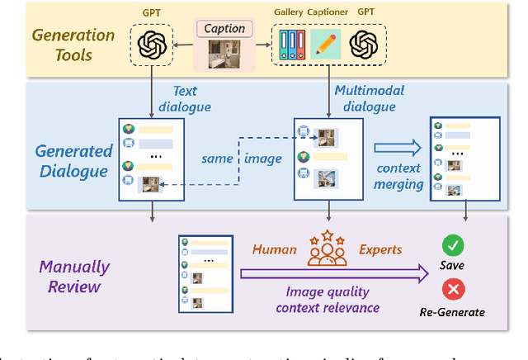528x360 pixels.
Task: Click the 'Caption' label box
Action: click(224, 28)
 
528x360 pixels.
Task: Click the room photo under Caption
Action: click(224, 52)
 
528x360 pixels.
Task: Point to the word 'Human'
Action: click(275, 248)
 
